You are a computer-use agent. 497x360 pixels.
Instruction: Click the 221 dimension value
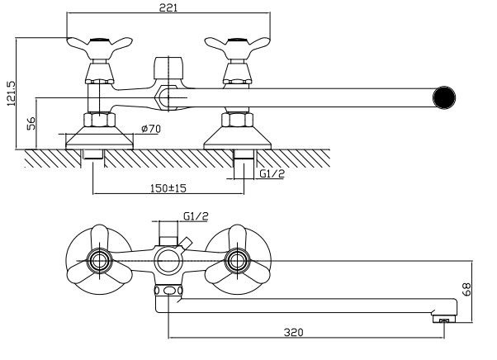168,7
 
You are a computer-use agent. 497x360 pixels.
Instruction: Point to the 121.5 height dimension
11,93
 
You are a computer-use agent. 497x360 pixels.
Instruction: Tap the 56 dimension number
31,123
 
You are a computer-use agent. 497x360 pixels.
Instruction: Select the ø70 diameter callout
151,129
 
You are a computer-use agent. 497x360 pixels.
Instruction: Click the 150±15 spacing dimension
168,188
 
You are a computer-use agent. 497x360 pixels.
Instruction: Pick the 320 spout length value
294,333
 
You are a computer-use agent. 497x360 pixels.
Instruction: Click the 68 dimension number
466,289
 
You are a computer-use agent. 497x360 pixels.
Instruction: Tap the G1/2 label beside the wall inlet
272,173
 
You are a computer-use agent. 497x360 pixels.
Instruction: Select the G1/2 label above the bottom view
196,216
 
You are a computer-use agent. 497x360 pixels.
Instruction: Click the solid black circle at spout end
444,97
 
